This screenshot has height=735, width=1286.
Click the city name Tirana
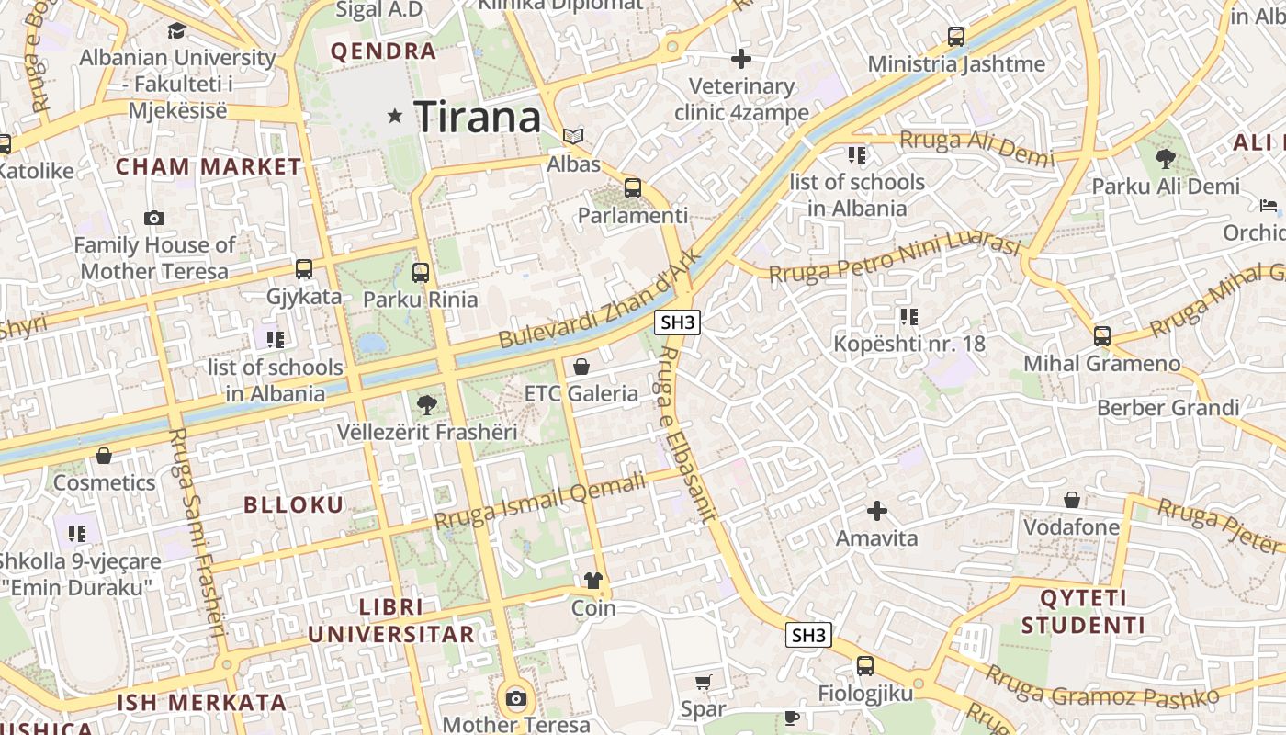(477, 117)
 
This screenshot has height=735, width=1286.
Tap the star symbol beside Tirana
(396, 116)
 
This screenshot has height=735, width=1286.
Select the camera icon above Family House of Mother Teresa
(154, 219)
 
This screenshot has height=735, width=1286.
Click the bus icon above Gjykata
(304, 269)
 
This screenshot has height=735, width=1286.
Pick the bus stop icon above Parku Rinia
(421, 272)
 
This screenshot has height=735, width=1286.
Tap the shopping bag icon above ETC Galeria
(581, 367)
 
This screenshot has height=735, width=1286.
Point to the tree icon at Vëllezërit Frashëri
(426, 404)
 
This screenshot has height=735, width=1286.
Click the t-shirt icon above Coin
(593, 581)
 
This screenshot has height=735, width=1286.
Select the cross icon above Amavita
(877, 511)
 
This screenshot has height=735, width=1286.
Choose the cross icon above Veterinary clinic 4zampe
(741, 59)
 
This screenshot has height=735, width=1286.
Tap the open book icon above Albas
(573, 137)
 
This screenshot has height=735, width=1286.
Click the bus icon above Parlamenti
(632, 188)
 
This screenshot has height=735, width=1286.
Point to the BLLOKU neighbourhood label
(294, 504)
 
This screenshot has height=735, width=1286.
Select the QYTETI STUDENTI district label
(1083, 612)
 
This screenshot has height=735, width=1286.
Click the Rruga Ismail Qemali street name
(539, 502)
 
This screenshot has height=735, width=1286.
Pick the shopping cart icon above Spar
(703, 682)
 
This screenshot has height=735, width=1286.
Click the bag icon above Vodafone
(1071, 500)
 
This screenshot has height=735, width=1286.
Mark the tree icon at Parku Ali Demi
(1165, 159)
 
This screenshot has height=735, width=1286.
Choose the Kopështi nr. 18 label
(908, 344)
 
